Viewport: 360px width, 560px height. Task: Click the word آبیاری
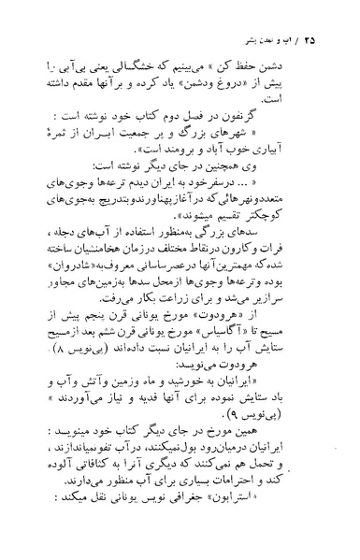point(287,147)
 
